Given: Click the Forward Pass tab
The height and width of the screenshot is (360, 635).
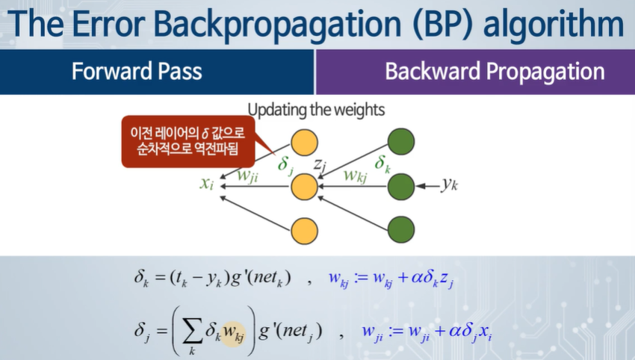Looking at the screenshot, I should pos(137,72).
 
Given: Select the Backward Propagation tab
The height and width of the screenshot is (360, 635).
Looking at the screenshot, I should pos(494,72).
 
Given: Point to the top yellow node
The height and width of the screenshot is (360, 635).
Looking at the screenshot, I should pos(304,141).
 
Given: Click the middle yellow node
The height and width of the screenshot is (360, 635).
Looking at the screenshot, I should pos(304,184).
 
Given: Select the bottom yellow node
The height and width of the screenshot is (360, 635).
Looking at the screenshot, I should pos(304,229).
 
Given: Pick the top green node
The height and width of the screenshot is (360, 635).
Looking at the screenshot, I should pos(402,141).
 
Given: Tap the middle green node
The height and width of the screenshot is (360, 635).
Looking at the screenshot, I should pos(402,184).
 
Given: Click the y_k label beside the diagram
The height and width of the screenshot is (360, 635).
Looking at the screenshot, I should pos(448,185).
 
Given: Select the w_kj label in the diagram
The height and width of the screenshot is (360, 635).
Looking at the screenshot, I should pos(355,176).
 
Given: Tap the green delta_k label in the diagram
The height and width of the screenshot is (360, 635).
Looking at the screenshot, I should pos(382,164).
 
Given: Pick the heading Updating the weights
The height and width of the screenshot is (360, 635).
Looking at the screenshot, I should pos(316,111).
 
